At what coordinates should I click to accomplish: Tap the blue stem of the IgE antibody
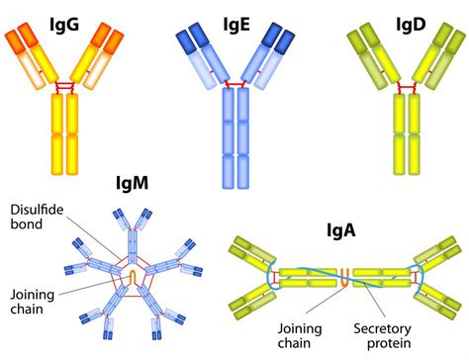(x=235, y=138)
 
